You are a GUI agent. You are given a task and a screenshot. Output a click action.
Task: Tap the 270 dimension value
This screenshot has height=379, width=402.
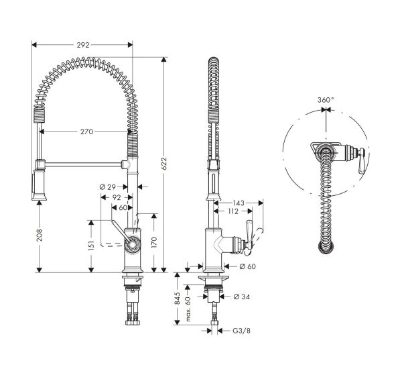click(x=86, y=132)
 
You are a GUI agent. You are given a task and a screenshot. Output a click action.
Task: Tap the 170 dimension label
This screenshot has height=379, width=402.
click(x=155, y=243)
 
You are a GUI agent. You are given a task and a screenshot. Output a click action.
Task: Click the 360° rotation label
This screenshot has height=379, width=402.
click(x=326, y=100)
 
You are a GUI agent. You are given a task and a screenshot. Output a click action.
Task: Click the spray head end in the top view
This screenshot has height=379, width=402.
click(x=326, y=249)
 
